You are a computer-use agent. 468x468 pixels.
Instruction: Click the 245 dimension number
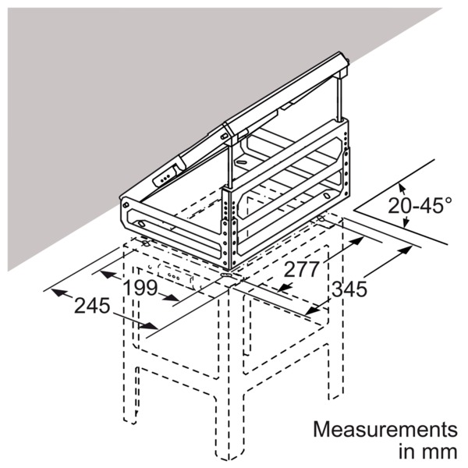(92, 306)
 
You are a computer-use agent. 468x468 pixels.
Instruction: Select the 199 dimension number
(140, 288)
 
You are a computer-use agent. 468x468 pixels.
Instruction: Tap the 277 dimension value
(301, 270)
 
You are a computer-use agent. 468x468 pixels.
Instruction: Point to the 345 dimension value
(349, 289)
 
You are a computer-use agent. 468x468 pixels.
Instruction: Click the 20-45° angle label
(420, 205)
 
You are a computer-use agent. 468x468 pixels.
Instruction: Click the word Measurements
(385, 430)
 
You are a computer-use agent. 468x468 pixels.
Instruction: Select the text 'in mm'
(427, 452)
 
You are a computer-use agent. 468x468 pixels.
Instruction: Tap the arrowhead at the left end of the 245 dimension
(58, 292)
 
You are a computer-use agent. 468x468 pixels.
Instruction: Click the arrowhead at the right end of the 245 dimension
(148, 326)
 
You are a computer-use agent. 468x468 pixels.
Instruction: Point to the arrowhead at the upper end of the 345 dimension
(406, 250)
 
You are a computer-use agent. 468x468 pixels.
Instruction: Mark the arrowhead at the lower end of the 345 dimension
(312, 310)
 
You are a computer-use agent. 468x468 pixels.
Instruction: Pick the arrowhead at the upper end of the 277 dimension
(357, 241)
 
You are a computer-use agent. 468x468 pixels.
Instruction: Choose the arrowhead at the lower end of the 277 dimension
(284, 287)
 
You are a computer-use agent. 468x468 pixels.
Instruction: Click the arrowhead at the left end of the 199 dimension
(107, 274)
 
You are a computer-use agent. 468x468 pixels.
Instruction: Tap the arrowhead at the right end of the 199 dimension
(172, 298)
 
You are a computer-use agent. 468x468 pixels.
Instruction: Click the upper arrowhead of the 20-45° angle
(402, 189)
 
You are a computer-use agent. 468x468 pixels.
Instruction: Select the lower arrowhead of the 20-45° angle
(406, 222)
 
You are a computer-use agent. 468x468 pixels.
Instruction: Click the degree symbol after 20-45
(448, 200)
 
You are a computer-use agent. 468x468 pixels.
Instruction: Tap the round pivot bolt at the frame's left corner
(126, 204)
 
